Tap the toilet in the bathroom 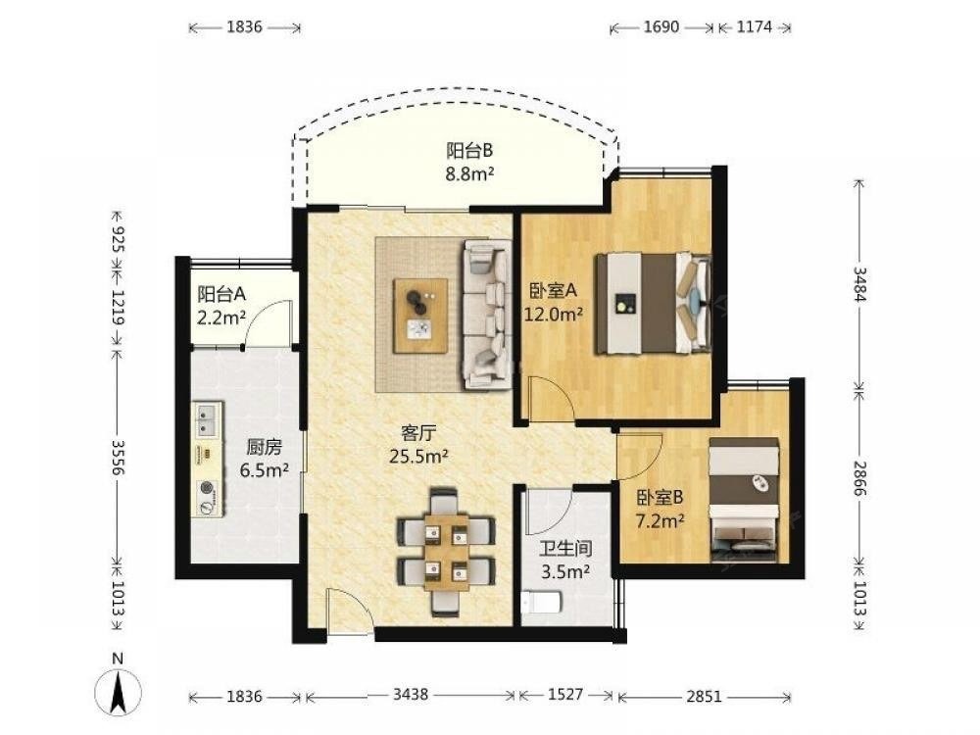pos(542,602)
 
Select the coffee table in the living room pos(420,317)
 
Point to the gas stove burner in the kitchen pos(207,490)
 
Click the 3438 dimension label pos(411,695)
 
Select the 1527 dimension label pos(565,695)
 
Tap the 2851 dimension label pos(704,695)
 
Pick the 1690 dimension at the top pos(661,26)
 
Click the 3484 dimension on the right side pos(860,284)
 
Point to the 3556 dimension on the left pos(118,457)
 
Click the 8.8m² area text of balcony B pos(469,173)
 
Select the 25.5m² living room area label pos(418,457)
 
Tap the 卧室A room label pos(553,290)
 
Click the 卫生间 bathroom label pos(565,549)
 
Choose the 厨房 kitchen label pos(264,447)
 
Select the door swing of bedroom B pos(639,457)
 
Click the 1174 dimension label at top pos(755,26)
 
